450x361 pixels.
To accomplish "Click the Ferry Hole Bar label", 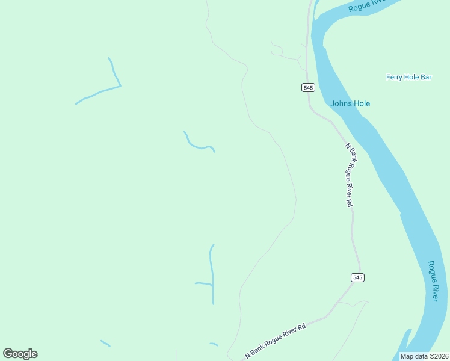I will (x=409, y=77).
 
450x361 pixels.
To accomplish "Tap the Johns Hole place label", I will (x=350, y=103).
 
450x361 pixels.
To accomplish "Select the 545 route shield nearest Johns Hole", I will (x=308, y=87).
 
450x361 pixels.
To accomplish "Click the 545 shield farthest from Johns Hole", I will (x=357, y=277).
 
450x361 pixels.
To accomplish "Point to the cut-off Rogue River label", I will (x=366, y=5).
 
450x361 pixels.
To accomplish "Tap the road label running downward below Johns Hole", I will (x=349, y=175).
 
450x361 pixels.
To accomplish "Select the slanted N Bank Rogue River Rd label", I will (x=276, y=341).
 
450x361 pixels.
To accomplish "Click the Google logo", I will (x=20, y=354).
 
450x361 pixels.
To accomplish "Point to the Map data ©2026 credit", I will (x=424, y=356).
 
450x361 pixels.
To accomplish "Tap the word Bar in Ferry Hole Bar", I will (x=427, y=77).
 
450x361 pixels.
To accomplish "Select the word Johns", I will (x=341, y=103).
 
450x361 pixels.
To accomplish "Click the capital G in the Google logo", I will (x=8, y=354).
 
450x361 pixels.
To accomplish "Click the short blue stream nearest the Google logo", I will (x=105, y=343).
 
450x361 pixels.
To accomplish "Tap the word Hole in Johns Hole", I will (x=361, y=103).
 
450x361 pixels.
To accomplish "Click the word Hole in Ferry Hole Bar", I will (x=411, y=77).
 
